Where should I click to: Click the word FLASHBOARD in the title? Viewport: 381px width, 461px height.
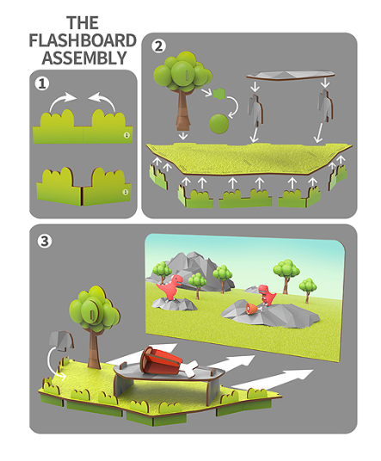point(83,40)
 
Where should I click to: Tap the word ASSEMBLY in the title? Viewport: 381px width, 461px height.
point(84,58)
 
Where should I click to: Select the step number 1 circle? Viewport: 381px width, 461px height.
point(42,83)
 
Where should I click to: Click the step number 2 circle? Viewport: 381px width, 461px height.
point(158,46)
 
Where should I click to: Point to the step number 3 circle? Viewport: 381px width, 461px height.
point(45,241)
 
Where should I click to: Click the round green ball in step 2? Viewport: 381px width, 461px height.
point(218,124)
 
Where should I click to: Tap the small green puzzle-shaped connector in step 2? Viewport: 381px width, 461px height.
point(219,94)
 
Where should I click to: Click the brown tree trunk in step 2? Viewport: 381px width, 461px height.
point(184,108)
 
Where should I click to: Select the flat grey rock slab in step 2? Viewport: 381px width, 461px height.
point(290,75)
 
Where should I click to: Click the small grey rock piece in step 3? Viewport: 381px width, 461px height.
point(61,341)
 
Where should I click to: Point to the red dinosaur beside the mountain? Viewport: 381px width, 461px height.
point(170,286)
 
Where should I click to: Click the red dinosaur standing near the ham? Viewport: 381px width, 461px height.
point(267,294)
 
